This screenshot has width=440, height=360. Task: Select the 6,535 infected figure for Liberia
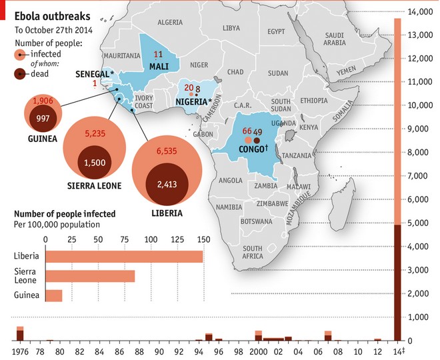coord(166,152)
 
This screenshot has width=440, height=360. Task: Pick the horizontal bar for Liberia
coord(123,257)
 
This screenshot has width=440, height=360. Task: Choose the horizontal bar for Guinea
coord(53,295)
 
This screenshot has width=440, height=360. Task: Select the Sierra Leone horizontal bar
coord(90,276)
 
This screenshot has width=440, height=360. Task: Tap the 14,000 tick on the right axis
coord(420,11)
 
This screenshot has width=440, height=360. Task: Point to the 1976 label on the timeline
coord(21,351)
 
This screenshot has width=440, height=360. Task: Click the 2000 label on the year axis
coord(258,351)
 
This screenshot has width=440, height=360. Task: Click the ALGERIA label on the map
coord(170,22)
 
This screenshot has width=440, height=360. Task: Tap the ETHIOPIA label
coord(314,100)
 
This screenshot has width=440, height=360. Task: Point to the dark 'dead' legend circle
coord(21,73)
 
